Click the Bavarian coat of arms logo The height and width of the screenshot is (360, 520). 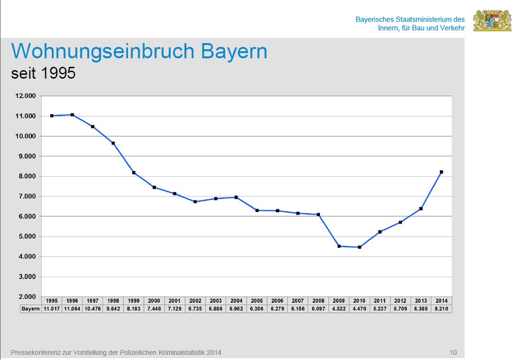492,20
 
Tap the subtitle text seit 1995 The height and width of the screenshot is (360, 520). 43,74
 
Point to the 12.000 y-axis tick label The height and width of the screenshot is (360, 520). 26,96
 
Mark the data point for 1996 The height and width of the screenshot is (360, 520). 72,115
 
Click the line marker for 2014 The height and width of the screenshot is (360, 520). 441,172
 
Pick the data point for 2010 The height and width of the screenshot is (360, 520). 360,247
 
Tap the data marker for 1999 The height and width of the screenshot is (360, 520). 134,173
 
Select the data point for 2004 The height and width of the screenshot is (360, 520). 236,197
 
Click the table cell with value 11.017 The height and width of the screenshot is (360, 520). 52,309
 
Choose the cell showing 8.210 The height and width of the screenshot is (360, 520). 441,309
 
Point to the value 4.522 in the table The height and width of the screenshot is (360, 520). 339,309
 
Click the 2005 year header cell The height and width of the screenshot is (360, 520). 256,301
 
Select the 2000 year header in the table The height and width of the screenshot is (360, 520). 154,301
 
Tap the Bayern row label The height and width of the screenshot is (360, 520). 30,309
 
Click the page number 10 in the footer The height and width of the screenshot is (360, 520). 453,352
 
